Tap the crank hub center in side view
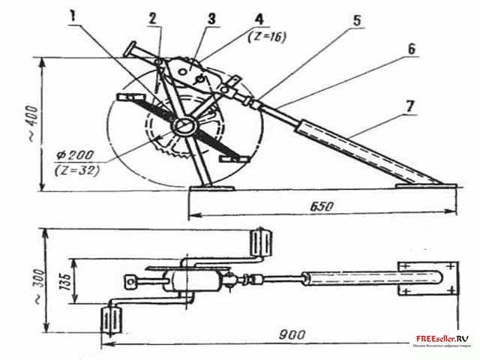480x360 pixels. tap(183, 127)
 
